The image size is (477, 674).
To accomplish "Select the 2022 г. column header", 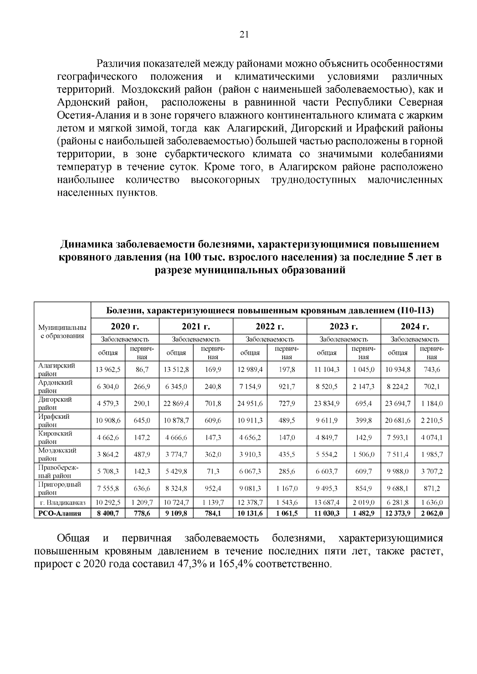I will coord(270,326).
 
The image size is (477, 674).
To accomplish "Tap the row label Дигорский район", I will coord(55,403).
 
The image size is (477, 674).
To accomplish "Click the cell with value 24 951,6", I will coord(250,403).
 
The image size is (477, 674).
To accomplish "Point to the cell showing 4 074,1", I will coord(432,437).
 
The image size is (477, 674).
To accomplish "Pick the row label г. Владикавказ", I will coord(62,503).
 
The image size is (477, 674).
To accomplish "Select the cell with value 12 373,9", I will coord(397,513).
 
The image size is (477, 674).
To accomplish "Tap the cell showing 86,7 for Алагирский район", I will coord(142,370).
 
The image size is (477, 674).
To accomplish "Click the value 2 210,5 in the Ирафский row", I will coord(432,420).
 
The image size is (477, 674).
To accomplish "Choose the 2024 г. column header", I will coord(415,326).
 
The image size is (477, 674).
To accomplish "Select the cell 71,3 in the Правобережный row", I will coord(213,471).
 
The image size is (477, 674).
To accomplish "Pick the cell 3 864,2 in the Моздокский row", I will coord(108,454).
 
